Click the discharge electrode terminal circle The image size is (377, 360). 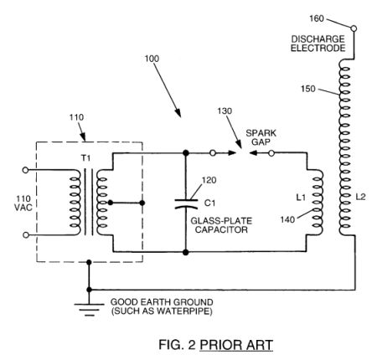[x=354, y=28]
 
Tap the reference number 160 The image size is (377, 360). [x=317, y=18]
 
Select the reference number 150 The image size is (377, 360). [x=308, y=89]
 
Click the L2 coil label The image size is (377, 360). [x=360, y=197]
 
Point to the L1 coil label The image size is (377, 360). [x=301, y=198]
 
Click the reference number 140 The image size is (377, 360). [x=287, y=220]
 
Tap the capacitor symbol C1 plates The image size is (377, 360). [x=186, y=204]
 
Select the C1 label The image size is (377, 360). [x=209, y=203]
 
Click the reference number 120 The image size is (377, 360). [x=209, y=180]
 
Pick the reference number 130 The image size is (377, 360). [x=225, y=111]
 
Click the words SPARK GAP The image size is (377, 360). [x=261, y=137]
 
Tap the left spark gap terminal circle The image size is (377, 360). [x=213, y=153]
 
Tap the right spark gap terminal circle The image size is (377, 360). [x=271, y=153]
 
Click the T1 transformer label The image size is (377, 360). [x=86, y=158]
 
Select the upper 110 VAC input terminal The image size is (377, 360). [x=25, y=170]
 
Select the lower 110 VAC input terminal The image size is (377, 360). [x=25, y=235]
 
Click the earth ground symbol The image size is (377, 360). [x=89, y=310]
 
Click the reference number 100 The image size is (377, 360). [x=152, y=59]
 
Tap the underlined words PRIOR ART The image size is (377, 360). [x=236, y=345]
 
